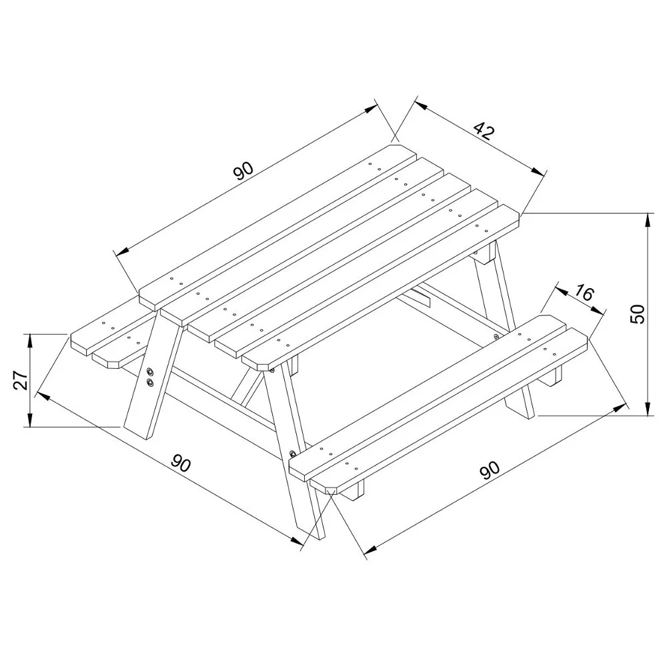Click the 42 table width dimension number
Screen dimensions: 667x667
point(484,131)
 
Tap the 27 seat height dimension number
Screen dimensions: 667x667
point(21,380)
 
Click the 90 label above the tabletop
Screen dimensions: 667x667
point(243,171)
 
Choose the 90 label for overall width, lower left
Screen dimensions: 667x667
point(181,463)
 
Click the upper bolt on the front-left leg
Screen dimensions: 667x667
point(151,371)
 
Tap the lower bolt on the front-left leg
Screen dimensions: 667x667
point(150,382)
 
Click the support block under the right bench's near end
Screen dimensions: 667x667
point(354,490)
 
